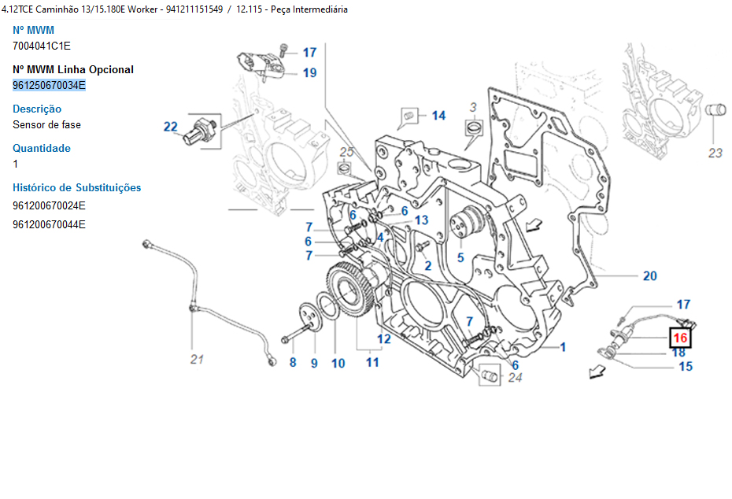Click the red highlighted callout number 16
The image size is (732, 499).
click(679, 338)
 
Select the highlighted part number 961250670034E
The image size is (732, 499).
click(49, 85)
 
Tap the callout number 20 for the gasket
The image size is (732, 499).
click(649, 275)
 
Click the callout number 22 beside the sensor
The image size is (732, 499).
click(171, 126)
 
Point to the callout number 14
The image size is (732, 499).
click(438, 116)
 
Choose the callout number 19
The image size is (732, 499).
click(309, 73)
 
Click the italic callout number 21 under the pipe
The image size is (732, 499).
click(197, 360)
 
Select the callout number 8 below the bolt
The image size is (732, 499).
click(292, 363)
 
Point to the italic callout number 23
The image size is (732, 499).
click(715, 153)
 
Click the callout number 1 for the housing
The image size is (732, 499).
click(563, 346)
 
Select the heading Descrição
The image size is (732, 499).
click(37, 109)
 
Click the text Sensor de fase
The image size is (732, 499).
click(46, 124)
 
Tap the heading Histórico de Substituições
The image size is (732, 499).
click(77, 187)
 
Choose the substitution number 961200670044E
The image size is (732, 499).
click(49, 224)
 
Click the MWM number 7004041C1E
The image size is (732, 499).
click(42, 46)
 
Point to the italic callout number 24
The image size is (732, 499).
click(515, 377)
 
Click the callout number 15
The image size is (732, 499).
click(686, 366)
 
